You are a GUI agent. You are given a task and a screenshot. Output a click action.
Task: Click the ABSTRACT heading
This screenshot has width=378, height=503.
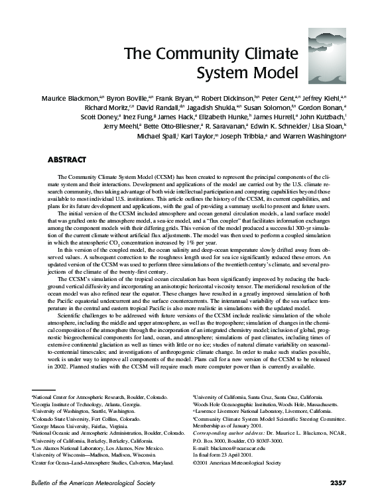click(x=68, y=160)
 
